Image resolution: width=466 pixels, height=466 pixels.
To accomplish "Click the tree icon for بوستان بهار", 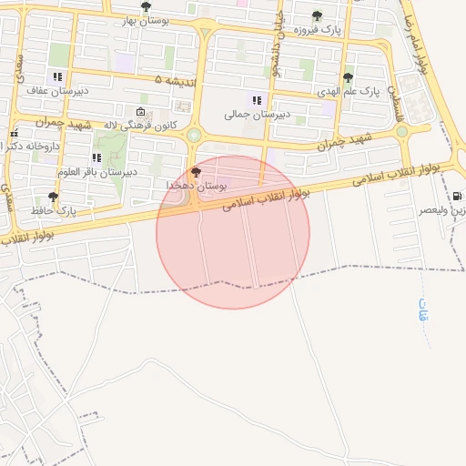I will click(146, 6).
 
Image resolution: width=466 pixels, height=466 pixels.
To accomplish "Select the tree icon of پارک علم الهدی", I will click(348, 77).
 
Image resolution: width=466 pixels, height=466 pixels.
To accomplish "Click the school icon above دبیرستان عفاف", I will click(57, 77).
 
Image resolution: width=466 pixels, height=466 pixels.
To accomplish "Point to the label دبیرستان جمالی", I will click(249, 116).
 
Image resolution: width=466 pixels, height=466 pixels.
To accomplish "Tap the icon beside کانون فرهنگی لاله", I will click(140, 110).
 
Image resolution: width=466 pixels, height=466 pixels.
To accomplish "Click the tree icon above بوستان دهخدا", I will click(196, 171).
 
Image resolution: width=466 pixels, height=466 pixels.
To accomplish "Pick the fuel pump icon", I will click(456, 196).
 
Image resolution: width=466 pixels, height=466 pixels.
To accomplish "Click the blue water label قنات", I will click(423, 314).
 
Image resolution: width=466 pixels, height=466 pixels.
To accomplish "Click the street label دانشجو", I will click(283, 37).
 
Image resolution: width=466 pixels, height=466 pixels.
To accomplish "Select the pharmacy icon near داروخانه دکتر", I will click(13, 135).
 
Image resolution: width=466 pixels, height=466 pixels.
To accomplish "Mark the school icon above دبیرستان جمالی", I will click(257, 100).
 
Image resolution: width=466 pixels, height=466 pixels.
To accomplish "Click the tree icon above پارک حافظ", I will click(53, 196).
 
